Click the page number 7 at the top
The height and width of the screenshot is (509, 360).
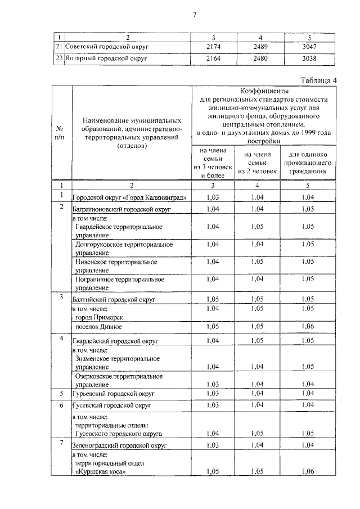pos(195,15)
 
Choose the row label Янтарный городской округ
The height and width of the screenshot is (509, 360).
pos(107,57)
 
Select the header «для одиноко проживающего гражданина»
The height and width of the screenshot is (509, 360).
pos(308,163)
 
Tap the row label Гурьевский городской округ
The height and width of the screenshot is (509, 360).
pos(112,393)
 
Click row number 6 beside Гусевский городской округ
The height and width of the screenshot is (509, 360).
pos(61,405)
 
